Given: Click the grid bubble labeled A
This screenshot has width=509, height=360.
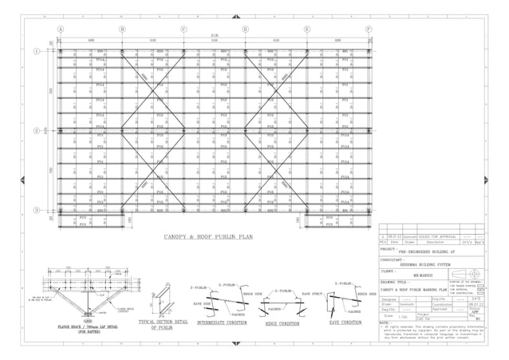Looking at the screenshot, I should click(61, 29).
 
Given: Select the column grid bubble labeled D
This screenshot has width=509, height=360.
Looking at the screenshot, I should click(245, 29).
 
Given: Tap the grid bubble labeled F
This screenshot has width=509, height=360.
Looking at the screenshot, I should click(368, 29).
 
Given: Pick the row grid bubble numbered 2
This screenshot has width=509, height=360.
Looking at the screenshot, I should click(37, 130).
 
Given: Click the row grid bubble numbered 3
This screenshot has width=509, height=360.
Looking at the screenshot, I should click(37, 209).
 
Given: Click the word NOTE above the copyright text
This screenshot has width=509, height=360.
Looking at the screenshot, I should click(384, 323).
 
